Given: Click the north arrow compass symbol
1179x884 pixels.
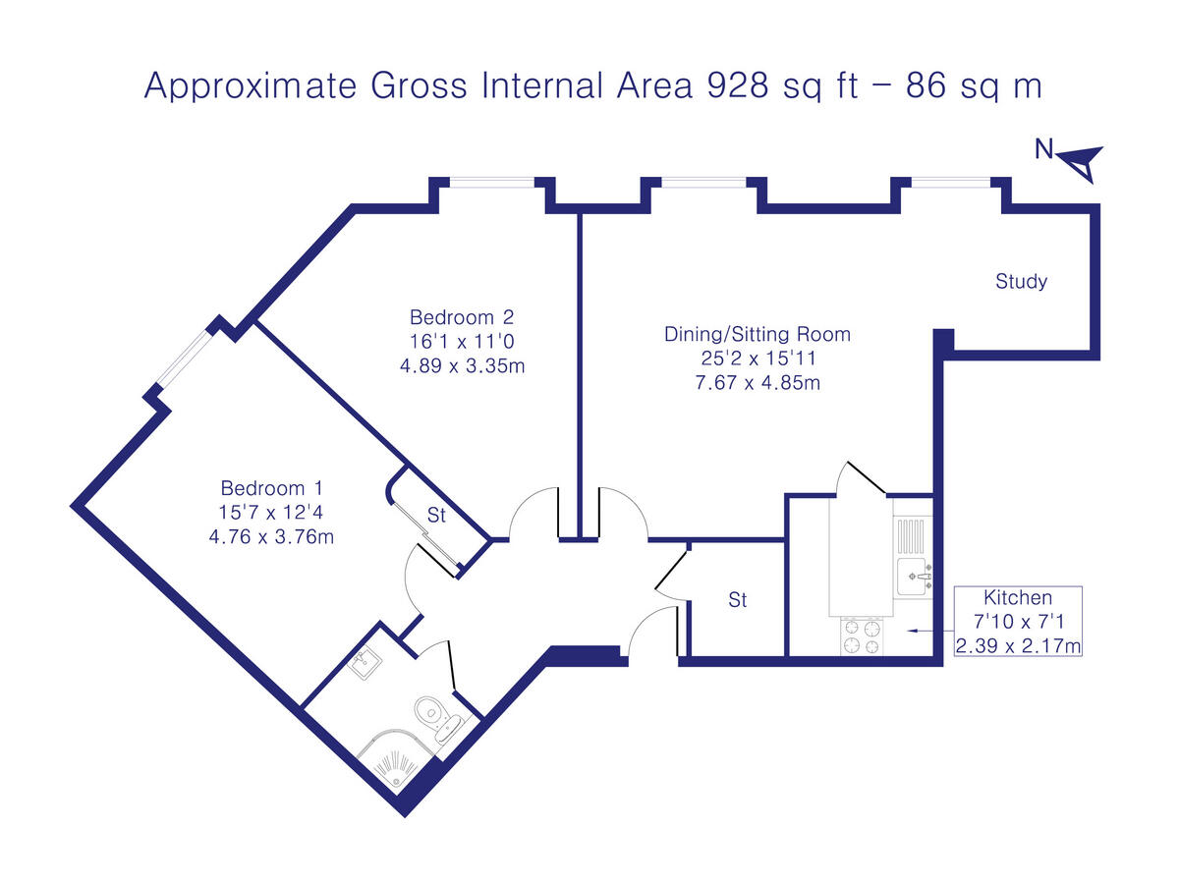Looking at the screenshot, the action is coord(1082,160).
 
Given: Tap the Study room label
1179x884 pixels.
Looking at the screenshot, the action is coord(1021,282).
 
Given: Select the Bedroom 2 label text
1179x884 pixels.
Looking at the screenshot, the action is coord(462,317).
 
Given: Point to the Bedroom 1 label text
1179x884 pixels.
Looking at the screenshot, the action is coord(271,488).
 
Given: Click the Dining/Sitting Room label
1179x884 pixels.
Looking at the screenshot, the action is coord(757,334).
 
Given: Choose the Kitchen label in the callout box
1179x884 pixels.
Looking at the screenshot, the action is coord(1018,597).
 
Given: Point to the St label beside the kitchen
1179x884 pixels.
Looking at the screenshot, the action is coord(737,600).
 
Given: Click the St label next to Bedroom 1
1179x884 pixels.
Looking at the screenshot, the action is coord(436,514).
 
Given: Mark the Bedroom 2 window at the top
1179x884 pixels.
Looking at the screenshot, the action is coord(492,181).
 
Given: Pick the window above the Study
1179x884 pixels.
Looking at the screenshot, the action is coord(950,181).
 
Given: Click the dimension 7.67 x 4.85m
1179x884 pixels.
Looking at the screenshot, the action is coord(757,382).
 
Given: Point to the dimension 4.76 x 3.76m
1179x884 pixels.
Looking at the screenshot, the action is coord(271,536).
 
